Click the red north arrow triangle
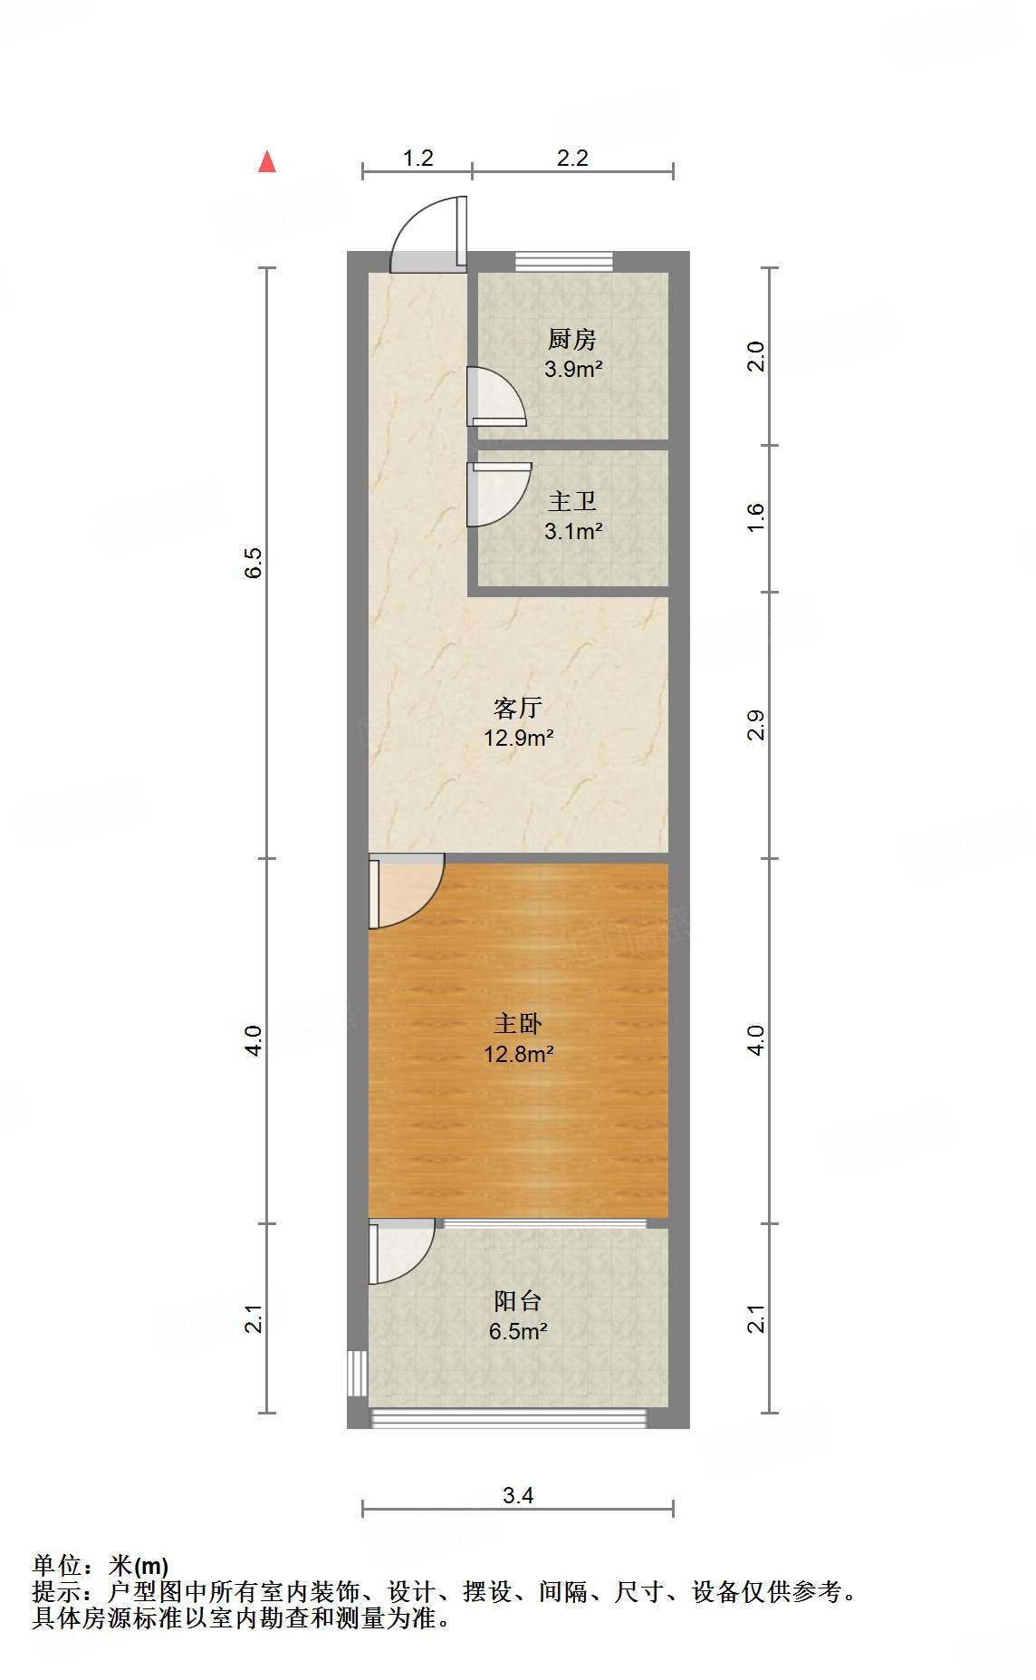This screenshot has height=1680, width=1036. pyautogui.click(x=266, y=162)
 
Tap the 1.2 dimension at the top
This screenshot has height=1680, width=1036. pyautogui.click(x=417, y=159)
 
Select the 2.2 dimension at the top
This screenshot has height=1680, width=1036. pyautogui.click(x=572, y=159)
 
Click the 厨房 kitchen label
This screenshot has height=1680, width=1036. pyautogui.click(x=572, y=340)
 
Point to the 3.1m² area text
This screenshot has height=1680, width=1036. pyautogui.click(x=573, y=532)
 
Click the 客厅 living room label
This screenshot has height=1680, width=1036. pyautogui.click(x=518, y=707)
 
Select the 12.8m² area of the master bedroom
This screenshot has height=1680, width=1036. pyautogui.click(x=518, y=1054)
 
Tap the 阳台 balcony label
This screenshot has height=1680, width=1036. pyautogui.click(x=518, y=1301)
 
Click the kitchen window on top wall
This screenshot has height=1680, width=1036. pyautogui.click(x=564, y=261)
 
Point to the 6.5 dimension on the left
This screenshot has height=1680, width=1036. pyautogui.click(x=254, y=563)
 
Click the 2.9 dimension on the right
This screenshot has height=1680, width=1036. pyautogui.click(x=756, y=725)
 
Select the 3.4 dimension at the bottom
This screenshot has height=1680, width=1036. pyautogui.click(x=518, y=1495)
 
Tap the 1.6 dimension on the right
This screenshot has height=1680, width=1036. pyautogui.click(x=756, y=517)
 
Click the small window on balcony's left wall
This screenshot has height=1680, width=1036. pyautogui.click(x=357, y=1375)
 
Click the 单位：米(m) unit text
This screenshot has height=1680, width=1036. pyautogui.click(x=101, y=1565)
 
